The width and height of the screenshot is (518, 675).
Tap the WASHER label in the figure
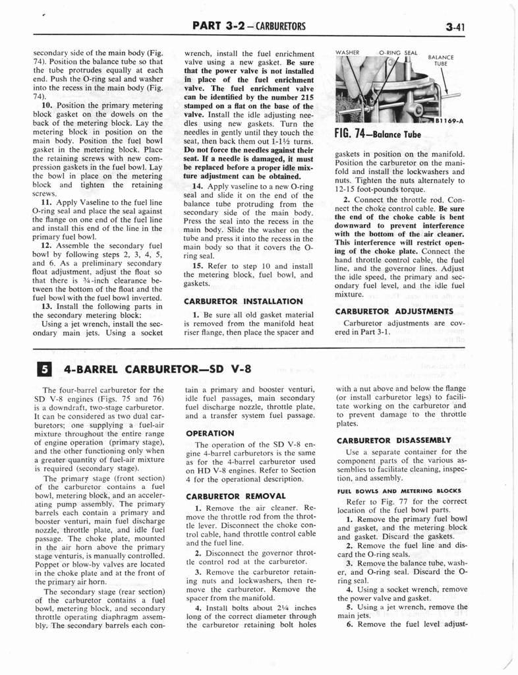[x=347, y=52]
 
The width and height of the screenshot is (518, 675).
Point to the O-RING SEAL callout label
[x=397, y=52]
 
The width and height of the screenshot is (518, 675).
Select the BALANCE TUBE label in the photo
[x=441, y=61]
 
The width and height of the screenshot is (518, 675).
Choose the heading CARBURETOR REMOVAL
[x=229, y=496]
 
